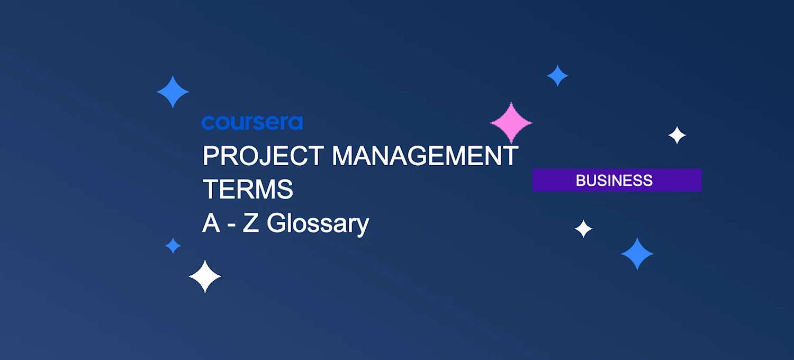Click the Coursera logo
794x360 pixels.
pyautogui.click(x=252, y=123)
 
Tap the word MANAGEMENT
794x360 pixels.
pyautogui.click(x=425, y=156)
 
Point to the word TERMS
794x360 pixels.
pyautogui.click(x=248, y=190)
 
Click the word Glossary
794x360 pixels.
pyautogui.click(x=318, y=223)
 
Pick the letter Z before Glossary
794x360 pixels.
pyautogui.click(x=250, y=223)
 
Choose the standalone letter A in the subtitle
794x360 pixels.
pyautogui.click(x=211, y=223)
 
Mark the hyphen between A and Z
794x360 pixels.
pyautogui.click(x=231, y=224)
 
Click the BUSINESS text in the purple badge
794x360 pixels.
pyautogui.click(x=614, y=181)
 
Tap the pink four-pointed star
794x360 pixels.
pyautogui.click(x=511, y=123)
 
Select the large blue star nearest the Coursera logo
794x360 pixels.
pyautogui.click(x=173, y=92)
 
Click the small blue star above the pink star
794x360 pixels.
pyautogui.click(x=557, y=76)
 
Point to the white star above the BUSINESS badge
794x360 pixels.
pyautogui.click(x=677, y=136)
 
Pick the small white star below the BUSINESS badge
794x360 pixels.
pyautogui.click(x=583, y=229)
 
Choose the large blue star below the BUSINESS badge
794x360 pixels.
pyautogui.click(x=637, y=254)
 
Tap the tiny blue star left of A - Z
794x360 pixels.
pyautogui.click(x=173, y=246)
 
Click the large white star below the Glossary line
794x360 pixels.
pyautogui.click(x=205, y=276)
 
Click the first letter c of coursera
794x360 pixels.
pyautogui.click(x=207, y=123)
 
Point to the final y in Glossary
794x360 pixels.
pyautogui.click(x=363, y=226)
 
